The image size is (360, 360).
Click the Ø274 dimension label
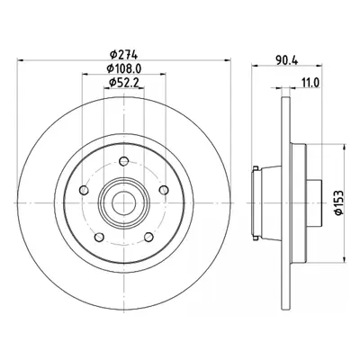pyautogui.click(x=123, y=55)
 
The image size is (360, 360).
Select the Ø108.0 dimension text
pyautogui.click(x=124, y=68)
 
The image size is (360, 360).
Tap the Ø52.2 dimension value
pyautogui.click(x=123, y=83)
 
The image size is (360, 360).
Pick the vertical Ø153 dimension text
pyautogui.click(x=339, y=202)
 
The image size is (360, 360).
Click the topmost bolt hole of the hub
pyautogui.click(x=123, y=161)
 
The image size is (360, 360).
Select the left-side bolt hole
pyautogui.click(x=84, y=190)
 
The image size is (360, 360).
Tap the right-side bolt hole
pyautogui.click(x=164, y=190)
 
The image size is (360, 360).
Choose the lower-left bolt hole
pyautogui.click(x=99, y=238)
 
